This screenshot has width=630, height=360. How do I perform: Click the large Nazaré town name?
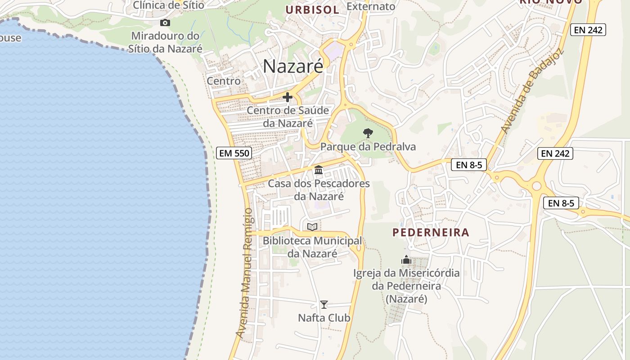pyautogui.click(x=293, y=67)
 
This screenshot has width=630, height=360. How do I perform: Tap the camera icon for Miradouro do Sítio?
pyautogui.click(x=165, y=22)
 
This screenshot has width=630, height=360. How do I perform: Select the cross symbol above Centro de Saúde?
pyautogui.click(x=288, y=97)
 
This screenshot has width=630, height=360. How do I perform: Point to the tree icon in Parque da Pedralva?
pyautogui.click(x=368, y=133)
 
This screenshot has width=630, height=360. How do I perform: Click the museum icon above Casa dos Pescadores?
pyautogui.click(x=319, y=170)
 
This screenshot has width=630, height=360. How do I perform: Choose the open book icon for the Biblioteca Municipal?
pyautogui.click(x=312, y=226)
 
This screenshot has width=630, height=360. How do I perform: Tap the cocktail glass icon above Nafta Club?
pyautogui.click(x=324, y=304)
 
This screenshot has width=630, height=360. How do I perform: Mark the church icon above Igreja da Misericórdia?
pyautogui.click(x=406, y=260)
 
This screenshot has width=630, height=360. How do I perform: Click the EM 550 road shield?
pyautogui.click(x=234, y=153)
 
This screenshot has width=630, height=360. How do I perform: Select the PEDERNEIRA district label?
pyautogui.click(x=431, y=233)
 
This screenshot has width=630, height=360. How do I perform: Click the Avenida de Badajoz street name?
pyautogui.click(x=525, y=91)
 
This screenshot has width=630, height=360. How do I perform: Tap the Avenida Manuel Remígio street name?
pyautogui.click(x=245, y=273)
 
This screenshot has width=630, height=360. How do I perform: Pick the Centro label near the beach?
pyautogui.click(x=224, y=81)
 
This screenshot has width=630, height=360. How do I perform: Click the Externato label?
pyautogui.click(x=371, y=6)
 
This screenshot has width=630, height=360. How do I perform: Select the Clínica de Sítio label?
pyautogui.click(x=168, y=5)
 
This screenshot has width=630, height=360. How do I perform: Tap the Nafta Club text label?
pyautogui.click(x=324, y=318)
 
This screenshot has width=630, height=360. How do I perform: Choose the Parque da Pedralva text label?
pyautogui.click(x=368, y=147)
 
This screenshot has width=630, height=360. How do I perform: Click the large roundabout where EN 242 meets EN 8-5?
pyautogui.click(x=536, y=185)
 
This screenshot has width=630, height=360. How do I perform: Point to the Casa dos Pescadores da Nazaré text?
pyautogui.click(x=319, y=190)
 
